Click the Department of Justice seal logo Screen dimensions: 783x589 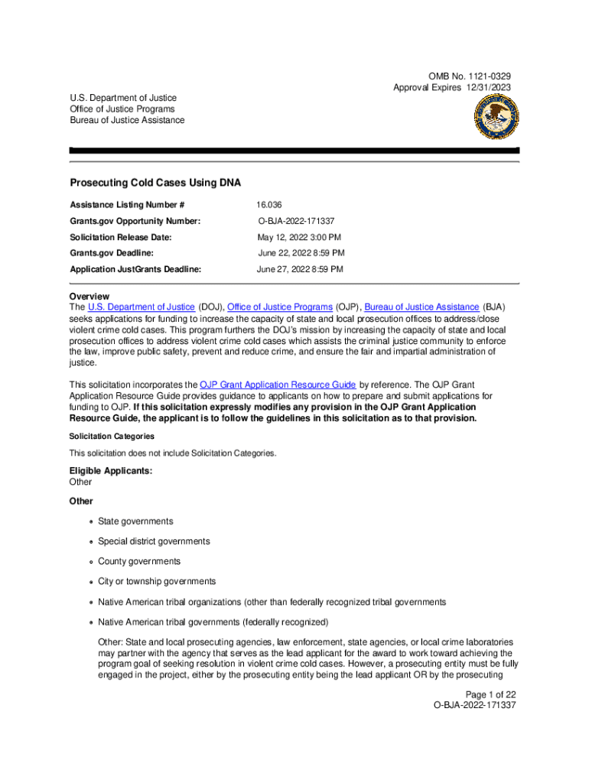pos(495,116)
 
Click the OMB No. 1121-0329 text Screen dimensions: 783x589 pos(470,76)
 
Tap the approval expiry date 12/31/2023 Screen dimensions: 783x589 pos(486,88)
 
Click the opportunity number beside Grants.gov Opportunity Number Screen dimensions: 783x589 pos(296,221)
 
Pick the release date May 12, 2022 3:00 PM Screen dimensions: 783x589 pos(298,237)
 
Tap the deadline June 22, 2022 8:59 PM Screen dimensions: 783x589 pos(301,253)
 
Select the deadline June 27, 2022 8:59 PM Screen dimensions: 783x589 pos(300,269)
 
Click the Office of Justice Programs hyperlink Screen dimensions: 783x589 pos(280,307)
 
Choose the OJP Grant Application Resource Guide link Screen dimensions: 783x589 pos(277,385)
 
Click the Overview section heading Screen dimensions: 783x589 pos(89,296)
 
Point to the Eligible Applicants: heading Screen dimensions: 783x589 pos(110,471)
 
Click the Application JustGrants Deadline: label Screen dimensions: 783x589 pos(135,269)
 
